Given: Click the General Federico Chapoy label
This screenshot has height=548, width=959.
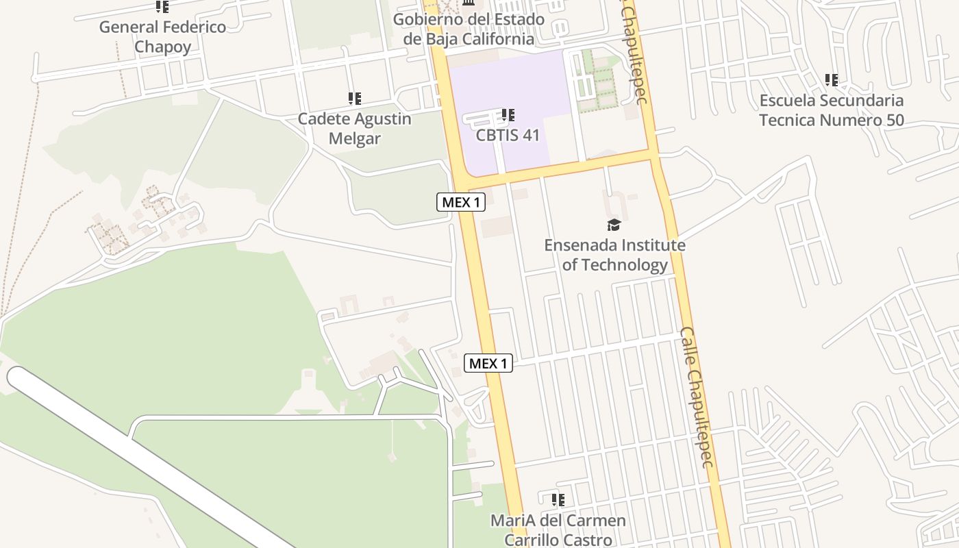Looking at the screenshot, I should tap(162, 37).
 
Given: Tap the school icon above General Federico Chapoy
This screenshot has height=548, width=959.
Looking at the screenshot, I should tap(162, 7).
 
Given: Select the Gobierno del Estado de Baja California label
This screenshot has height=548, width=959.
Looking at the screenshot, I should tap(469, 29).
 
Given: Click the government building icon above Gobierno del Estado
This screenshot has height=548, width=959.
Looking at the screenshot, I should tap(469, 4).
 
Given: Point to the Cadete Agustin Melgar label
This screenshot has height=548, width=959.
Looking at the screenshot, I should tap(354, 128).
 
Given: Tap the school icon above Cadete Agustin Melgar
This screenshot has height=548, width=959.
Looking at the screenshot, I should tap(354, 99).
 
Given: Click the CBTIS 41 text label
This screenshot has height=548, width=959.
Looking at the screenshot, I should tap(508, 135).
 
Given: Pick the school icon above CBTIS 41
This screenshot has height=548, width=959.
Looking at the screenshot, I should tap(508, 114).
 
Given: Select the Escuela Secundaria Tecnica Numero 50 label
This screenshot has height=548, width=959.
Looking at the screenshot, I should tap(832, 110).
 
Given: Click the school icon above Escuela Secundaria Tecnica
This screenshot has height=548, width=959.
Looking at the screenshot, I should tap(832, 80).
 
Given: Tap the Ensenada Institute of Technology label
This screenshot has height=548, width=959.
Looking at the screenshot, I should tap(614, 255).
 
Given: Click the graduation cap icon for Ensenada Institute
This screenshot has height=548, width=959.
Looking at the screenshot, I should tap(614, 225).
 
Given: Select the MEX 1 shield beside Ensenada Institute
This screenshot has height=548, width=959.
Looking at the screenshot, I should tap(461, 202).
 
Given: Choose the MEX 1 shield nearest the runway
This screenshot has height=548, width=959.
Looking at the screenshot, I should tap(488, 363).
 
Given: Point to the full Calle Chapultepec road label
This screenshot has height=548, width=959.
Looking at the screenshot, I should tap(697, 397).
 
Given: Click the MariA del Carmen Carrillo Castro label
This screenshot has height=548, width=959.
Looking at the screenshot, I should tap(558, 530).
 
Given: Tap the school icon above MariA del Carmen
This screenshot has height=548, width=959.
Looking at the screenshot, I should tap(558, 500).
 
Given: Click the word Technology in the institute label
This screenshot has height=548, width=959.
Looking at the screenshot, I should tap(623, 265).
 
